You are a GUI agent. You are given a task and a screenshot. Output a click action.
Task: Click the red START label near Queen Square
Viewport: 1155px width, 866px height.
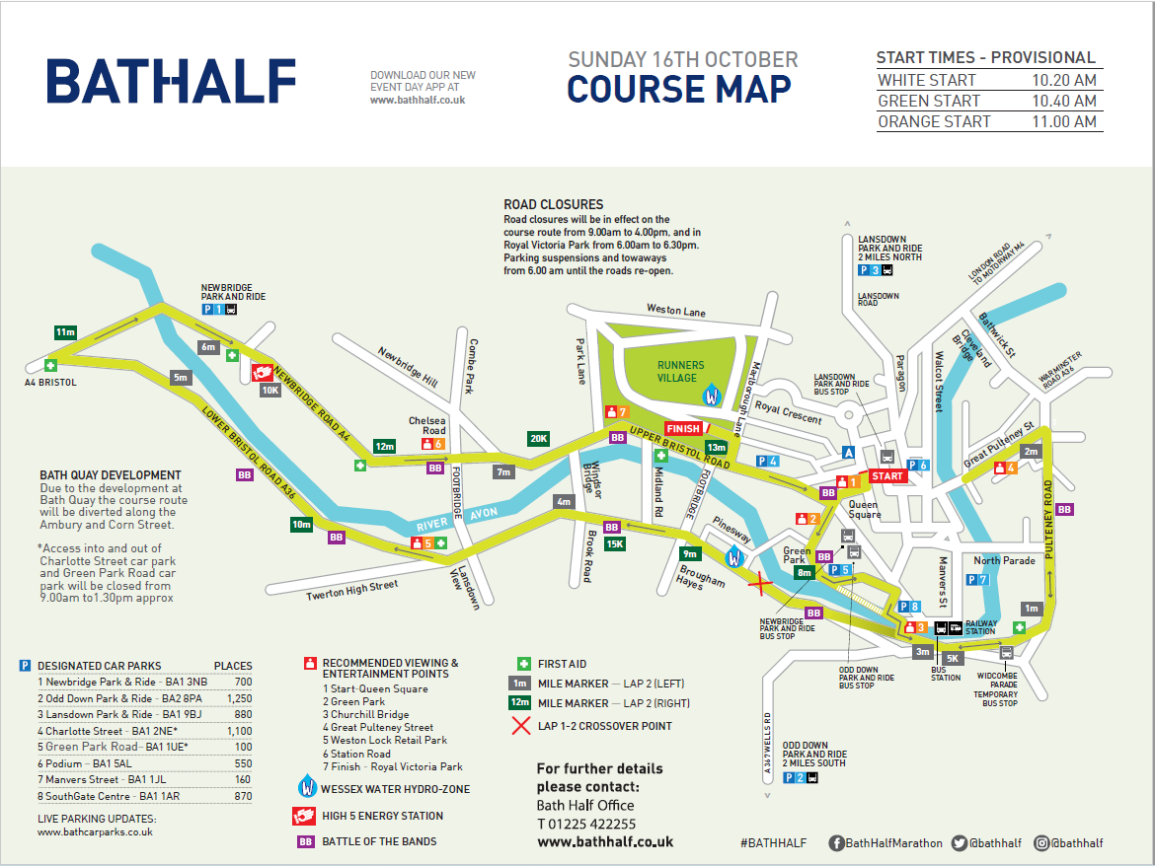pyautogui.click(x=886, y=475)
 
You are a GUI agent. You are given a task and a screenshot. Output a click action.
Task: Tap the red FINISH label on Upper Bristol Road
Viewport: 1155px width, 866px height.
pyautogui.click(x=683, y=429)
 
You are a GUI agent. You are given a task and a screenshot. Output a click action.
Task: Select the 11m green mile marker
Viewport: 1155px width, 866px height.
pyautogui.click(x=66, y=332)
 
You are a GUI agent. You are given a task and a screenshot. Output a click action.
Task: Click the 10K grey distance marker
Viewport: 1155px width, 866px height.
pyautogui.click(x=270, y=390)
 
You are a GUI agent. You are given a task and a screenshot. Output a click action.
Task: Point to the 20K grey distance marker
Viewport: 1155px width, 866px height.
pyautogui.click(x=538, y=438)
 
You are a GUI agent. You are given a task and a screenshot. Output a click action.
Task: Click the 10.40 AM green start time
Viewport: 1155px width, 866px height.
pyautogui.click(x=1063, y=101)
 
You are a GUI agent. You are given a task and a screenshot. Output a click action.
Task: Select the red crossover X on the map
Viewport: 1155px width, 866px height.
pyautogui.click(x=760, y=585)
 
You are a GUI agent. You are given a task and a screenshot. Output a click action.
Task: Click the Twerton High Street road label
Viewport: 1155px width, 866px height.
pyautogui.click(x=352, y=590)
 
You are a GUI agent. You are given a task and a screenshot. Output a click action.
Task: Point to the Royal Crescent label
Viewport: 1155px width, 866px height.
pyautogui.click(x=787, y=411)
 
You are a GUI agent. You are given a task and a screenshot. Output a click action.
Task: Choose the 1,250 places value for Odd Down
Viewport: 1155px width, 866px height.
pyautogui.click(x=239, y=697)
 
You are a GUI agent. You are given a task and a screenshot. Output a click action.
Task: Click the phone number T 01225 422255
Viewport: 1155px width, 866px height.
pyautogui.click(x=586, y=824)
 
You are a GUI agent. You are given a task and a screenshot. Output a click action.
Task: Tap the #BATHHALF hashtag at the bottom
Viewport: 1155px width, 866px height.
pyautogui.click(x=773, y=842)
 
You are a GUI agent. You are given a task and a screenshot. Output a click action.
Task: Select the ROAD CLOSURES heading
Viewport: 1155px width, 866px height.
pyautogui.click(x=553, y=205)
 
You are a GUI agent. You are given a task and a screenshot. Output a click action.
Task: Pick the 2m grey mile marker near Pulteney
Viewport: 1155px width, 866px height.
pyautogui.click(x=1031, y=451)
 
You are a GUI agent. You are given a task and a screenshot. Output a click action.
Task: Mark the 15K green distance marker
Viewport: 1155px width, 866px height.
pyautogui.click(x=614, y=543)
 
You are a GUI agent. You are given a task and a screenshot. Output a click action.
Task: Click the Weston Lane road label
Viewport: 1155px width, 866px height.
pyautogui.click(x=676, y=312)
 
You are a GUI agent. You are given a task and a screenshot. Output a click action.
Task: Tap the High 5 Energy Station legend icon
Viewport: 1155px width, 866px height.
pyautogui.click(x=305, y=816)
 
